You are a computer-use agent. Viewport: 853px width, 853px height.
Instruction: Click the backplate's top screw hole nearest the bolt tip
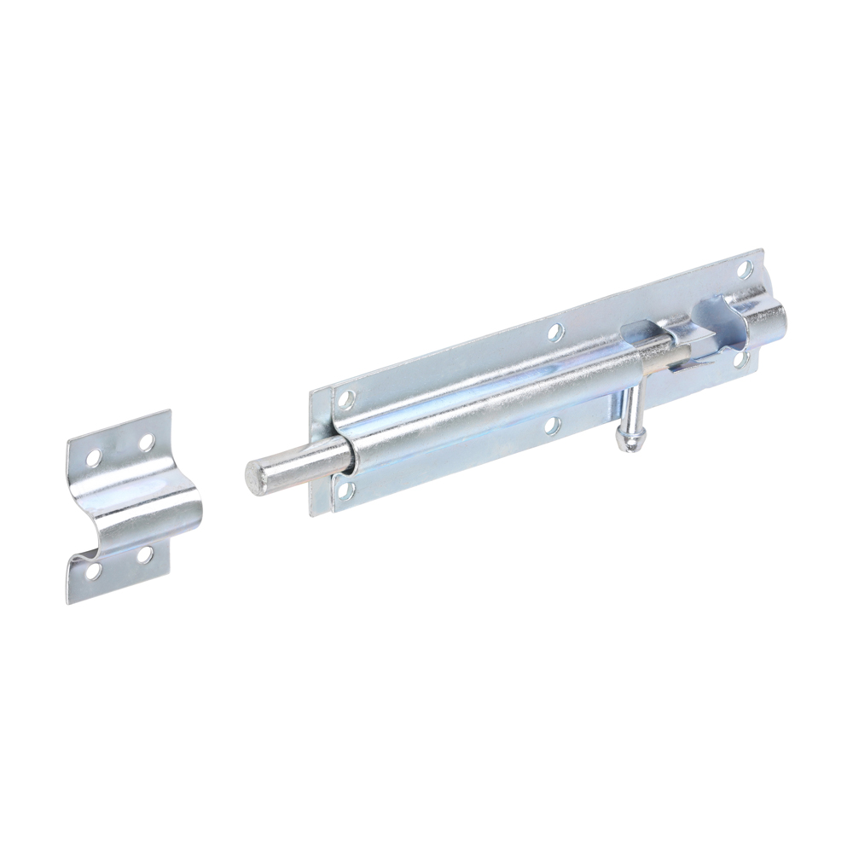pyautogui.click(x=346, y=397)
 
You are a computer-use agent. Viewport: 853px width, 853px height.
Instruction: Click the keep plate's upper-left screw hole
pyautogui.click(x=93, y=456)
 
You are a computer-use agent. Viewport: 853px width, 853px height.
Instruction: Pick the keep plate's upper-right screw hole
pyautogui.click(x=147, y=442)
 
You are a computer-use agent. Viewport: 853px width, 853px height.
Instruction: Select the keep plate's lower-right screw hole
pyautogui.click(x=145, y=555)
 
